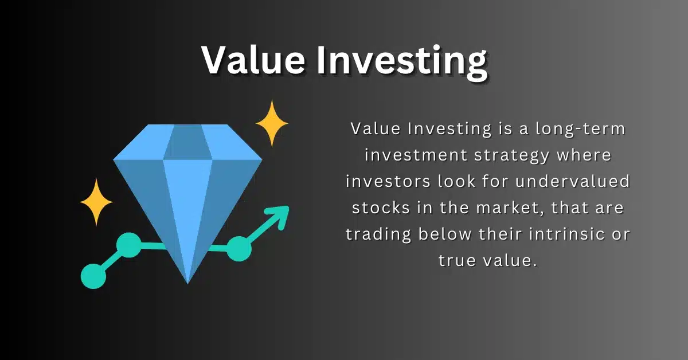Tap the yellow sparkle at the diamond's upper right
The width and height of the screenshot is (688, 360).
coord(272,123)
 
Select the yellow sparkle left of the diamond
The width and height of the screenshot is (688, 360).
coord(96,202)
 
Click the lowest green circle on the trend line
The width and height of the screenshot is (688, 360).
coord(93,276)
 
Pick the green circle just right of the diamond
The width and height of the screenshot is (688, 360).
coord(239,249)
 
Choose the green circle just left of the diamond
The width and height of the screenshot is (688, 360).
coord(129,245)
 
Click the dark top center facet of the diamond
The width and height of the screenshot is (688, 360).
coord(187,142)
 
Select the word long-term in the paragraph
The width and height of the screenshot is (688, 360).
coord(580,130)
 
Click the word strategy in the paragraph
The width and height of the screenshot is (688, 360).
coord(511,156)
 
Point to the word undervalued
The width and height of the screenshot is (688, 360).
coord(573,181)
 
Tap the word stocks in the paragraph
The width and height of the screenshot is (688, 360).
coord(381,208)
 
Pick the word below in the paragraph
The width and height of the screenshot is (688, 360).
coord(445,234)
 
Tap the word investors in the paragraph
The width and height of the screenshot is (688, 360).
coord(388,182)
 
